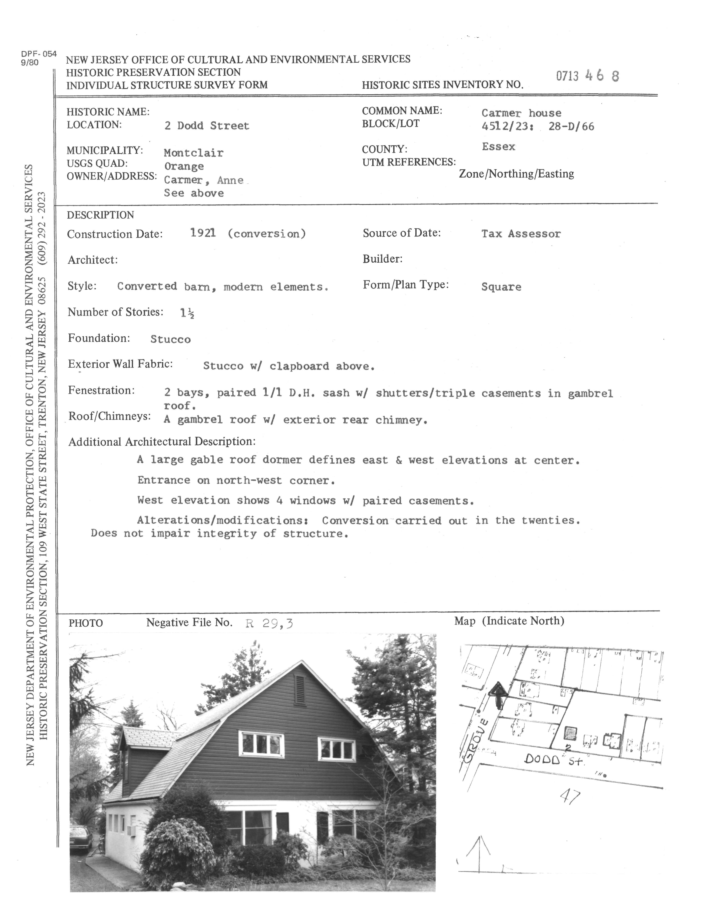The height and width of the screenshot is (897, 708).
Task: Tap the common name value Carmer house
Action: (x=521, y=113)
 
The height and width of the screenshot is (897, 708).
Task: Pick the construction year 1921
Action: (x=203, y=233)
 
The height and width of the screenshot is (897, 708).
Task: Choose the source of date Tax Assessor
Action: (x=521, y=234)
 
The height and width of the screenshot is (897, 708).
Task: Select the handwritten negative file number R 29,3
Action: (x=269, y=623)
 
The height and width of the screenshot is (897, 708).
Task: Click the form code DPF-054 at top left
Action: (x=39, y=54)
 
